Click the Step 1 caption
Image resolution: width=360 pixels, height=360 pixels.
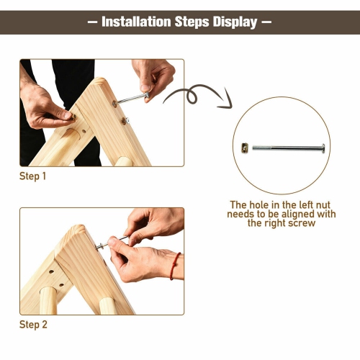[33, 176]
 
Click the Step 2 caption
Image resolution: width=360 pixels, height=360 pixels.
[33, 325]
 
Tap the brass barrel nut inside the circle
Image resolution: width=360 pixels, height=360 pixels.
[246, 148]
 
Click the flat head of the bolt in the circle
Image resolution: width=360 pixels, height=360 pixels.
[323, 148]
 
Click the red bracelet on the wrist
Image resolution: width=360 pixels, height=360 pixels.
[173, 266]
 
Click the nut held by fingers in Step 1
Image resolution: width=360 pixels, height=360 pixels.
[69, 114]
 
